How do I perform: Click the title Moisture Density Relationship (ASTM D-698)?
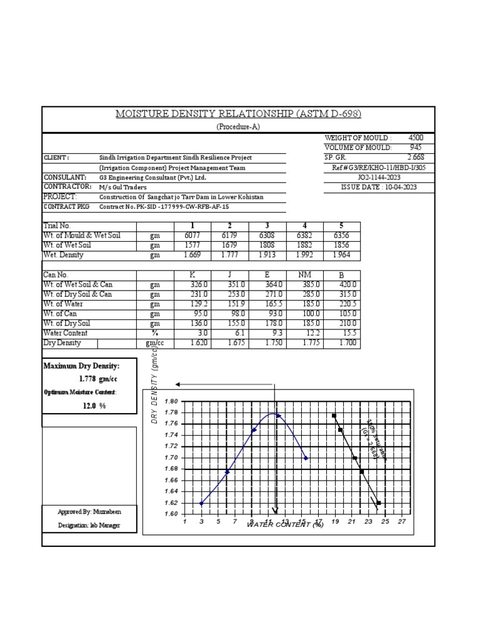(x=239, y=114)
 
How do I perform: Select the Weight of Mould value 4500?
(x=415, y=137)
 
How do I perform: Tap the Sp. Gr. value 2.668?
(x=415, y=157)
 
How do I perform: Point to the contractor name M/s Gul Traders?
(x=122, y=187)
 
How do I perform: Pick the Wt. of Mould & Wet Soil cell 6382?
(x=304, y=236)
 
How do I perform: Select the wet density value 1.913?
(x=267, y=255)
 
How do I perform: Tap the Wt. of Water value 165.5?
(x=267, y=304)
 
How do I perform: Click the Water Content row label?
(x=66, y=334)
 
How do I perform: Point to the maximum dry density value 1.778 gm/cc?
(x=99, y=379)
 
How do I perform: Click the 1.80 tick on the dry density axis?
(x=171, y=401)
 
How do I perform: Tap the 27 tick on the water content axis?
(x=402, y=521)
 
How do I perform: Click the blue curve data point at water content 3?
(x=201, y=503)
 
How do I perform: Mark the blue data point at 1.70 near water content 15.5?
(x=306, y=458)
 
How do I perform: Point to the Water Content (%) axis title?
(x=285, y=525)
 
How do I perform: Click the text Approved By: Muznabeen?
(x=89, y=512)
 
